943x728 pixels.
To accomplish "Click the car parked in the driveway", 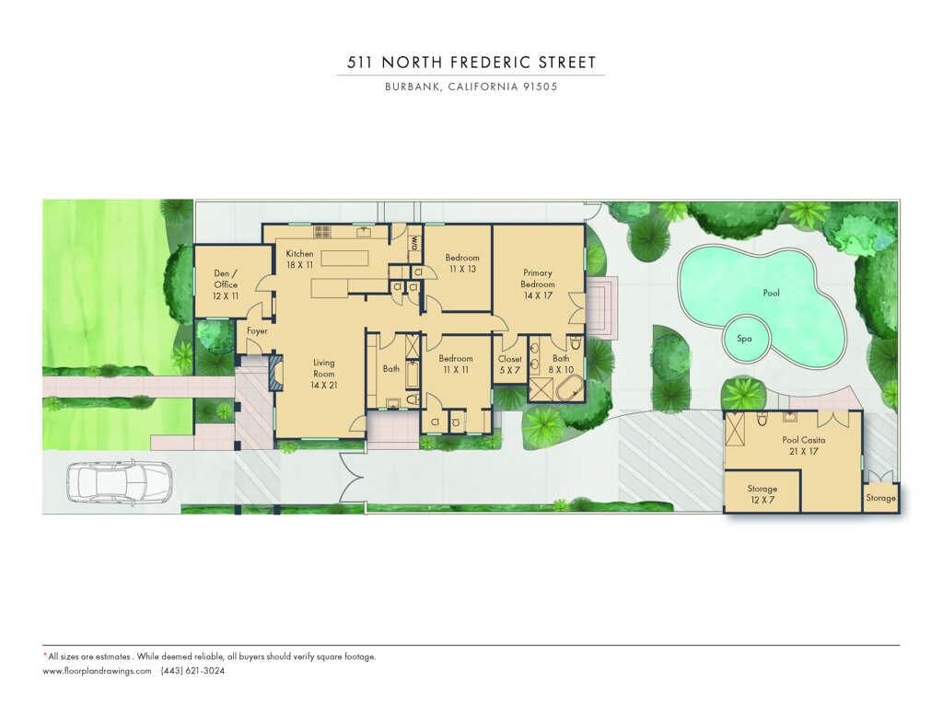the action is coord(119,482).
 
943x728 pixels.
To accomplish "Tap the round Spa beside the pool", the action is coord(744,339).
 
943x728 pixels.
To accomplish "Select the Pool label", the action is coord(771,293).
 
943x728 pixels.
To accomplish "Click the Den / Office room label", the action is coord(226,284).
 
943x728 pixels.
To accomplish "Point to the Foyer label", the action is coord(258,330).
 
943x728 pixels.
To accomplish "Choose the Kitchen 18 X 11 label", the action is coord(299,260).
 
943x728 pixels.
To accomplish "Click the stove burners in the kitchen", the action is coord(321,231).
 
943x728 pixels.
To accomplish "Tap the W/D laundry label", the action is coord(415,243).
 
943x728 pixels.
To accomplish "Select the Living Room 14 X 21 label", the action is coord(323,374).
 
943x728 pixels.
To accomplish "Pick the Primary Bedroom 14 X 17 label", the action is coord(538,283).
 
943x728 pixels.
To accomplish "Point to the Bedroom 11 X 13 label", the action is coord(462,263).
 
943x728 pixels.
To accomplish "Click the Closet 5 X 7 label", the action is coord(510,364).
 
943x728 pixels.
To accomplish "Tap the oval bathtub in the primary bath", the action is coord(569,388).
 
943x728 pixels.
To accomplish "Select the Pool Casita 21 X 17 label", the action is coord(803,445).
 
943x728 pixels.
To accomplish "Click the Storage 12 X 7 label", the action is coord(763,494).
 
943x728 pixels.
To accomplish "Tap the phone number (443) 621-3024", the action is coord(193,671).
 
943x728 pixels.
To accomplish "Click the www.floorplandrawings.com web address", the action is coord(97,671).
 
